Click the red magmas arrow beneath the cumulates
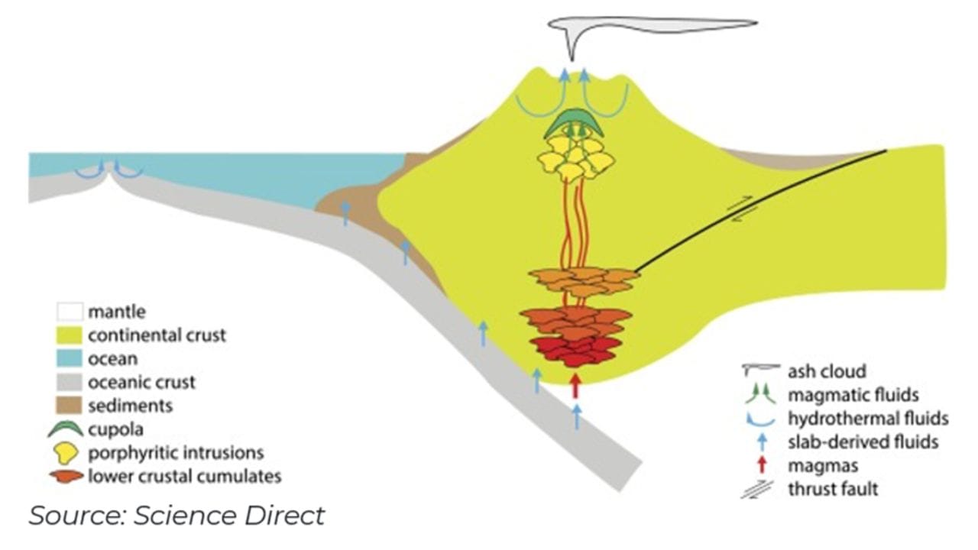pyautogui.click(x=575, y=386)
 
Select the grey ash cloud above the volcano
pyautogui.click(x=657, y=25)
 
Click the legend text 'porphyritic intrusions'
pyautogui.click(x=176, y=452)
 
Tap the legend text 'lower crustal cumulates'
pyautogui.click(x=184, y=477)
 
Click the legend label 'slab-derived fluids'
pyautogui.click(x=863, y=442)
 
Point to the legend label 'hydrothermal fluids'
pyautogui.click(x=868, y=418)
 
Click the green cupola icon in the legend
pyautogui.click(x=66, y=429)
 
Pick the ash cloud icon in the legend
pyautogui.click(x=759, y=370)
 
